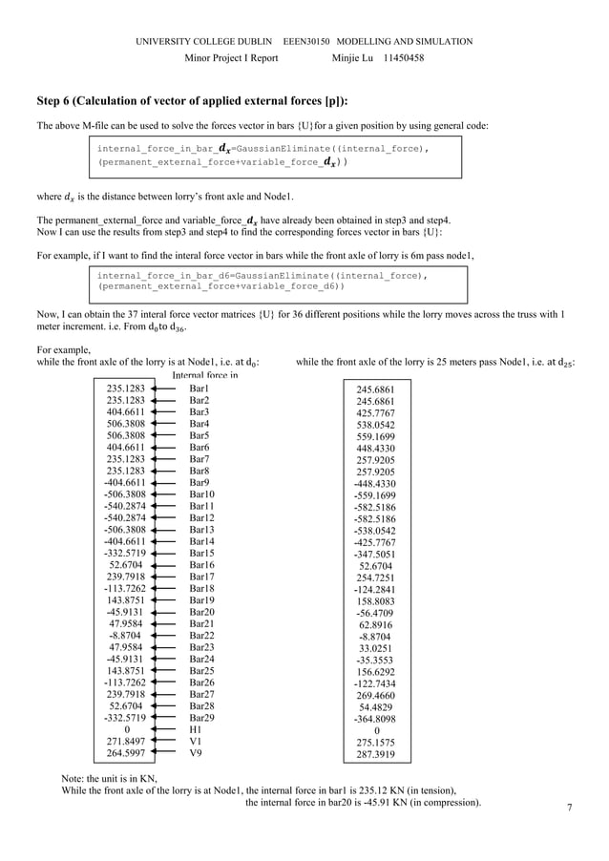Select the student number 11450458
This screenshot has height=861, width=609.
[x=404, y=58]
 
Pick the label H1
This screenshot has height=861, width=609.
[x=196, y=729]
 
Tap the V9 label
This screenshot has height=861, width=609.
[x=196, y=752]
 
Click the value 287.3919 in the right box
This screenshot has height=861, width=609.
[x=376, y=754]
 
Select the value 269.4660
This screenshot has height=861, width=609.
[x=376, y=696]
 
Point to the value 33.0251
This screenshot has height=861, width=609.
[x=376, y=649]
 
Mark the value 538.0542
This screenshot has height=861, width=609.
[x=376, y=425]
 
